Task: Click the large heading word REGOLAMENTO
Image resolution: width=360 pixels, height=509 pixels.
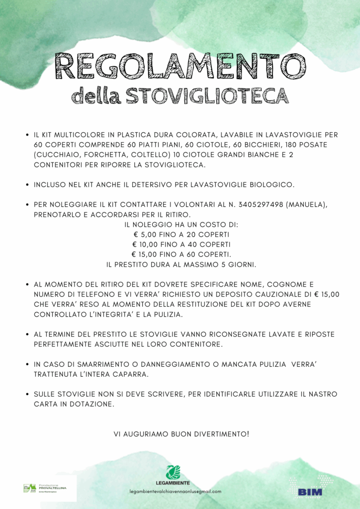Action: [180, 66]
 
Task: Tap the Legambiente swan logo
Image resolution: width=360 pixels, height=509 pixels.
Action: [174, 472]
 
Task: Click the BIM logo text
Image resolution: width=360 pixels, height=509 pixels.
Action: [310, 492]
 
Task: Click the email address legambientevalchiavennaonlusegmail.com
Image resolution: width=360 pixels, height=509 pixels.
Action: [175, 491]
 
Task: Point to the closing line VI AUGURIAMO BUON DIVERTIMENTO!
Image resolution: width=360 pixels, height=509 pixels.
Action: [181, 434]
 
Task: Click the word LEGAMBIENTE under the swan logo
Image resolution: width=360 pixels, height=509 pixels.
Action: [173, 483]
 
